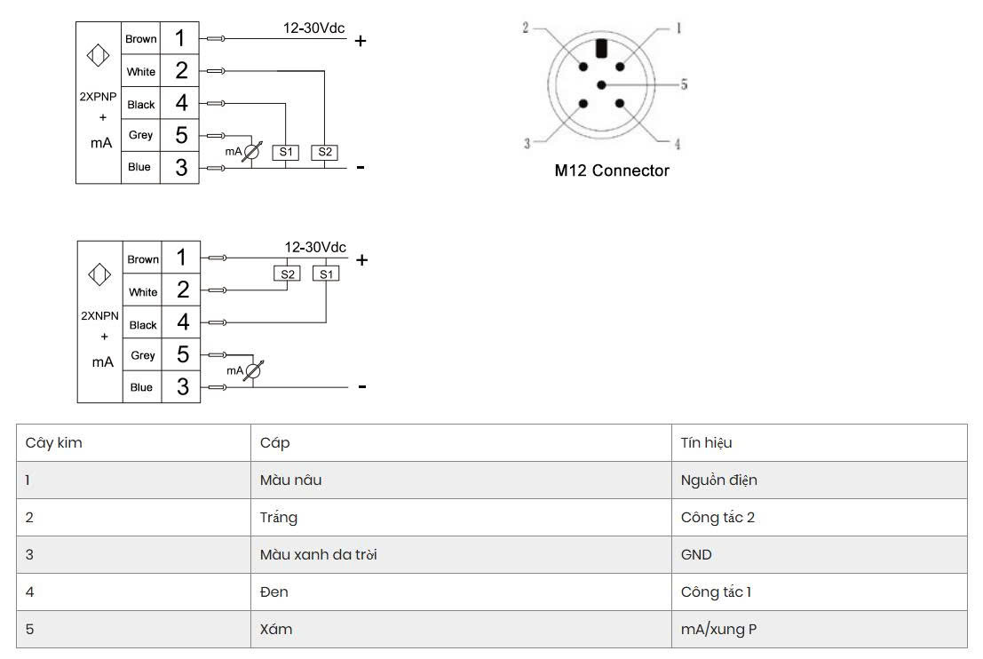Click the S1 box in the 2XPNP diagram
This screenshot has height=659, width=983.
tap(285, 153)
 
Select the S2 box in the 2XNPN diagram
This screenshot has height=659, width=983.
tap(287, 274)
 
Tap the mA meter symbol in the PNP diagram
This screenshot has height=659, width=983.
tap(250, 152)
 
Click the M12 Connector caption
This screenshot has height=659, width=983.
tap(612, 171)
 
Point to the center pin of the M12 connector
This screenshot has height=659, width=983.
tap(602, 84)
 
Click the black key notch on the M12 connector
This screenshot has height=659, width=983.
tap(602, 48)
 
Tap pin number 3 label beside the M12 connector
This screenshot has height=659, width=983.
tap(527, 144)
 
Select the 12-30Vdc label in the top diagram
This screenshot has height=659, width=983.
tap(314, 28)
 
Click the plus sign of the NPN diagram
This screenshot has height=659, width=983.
tap(361, 259)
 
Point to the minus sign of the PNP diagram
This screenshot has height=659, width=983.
tap(361, 168)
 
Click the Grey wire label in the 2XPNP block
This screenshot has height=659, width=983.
tap(140, 135)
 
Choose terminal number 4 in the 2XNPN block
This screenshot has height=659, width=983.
tap(183, 322)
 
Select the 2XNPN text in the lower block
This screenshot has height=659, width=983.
tap(99, 316)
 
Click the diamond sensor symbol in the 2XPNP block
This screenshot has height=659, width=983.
tap(98, 56)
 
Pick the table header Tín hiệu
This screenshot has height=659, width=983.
tap(706, 442)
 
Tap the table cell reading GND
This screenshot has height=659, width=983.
tap(696, 555)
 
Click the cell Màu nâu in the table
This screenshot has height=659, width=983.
tap(291, 480)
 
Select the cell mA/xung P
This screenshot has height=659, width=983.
tap(718, 630)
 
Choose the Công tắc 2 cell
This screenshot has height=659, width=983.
tap(717, 517)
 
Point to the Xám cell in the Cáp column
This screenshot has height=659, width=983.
tap(276, 629)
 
